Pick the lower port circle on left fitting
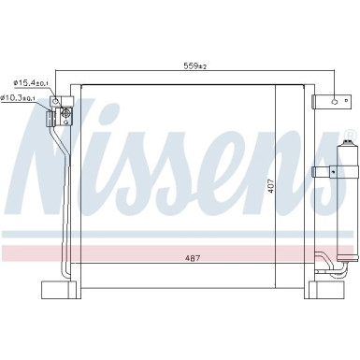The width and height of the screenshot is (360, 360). pyautogui.click(x=65, y=116)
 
